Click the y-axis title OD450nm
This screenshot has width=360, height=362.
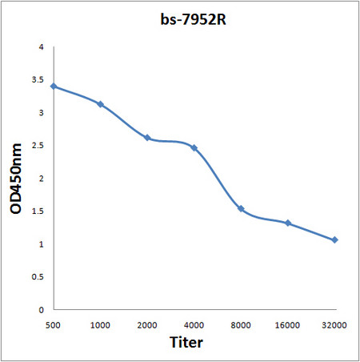pyautogui.click(x=16, y=179)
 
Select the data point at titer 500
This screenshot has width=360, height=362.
pyautogui.click(x=53, y=86)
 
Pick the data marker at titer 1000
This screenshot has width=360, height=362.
pyautogui.click(x=100, y=104)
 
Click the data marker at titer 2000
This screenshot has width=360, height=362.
pyautogui.click(x=147, y=138)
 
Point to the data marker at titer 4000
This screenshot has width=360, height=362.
pyautogui.click(x=194, y=148)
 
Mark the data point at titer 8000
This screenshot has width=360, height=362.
pyautogui.click(x=241, y=209)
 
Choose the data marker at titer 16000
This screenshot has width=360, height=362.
pyautogui.click(x=288, y=223)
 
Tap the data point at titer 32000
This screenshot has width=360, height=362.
pyautogui.click(x=334, y=239)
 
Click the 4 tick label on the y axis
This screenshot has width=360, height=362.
pyautogui.click(x=41, y=47)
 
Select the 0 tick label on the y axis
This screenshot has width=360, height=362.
pyautogui.click(x=41, y=309)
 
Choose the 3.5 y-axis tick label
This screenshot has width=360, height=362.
pyautogui.click(x=38, y=80)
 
